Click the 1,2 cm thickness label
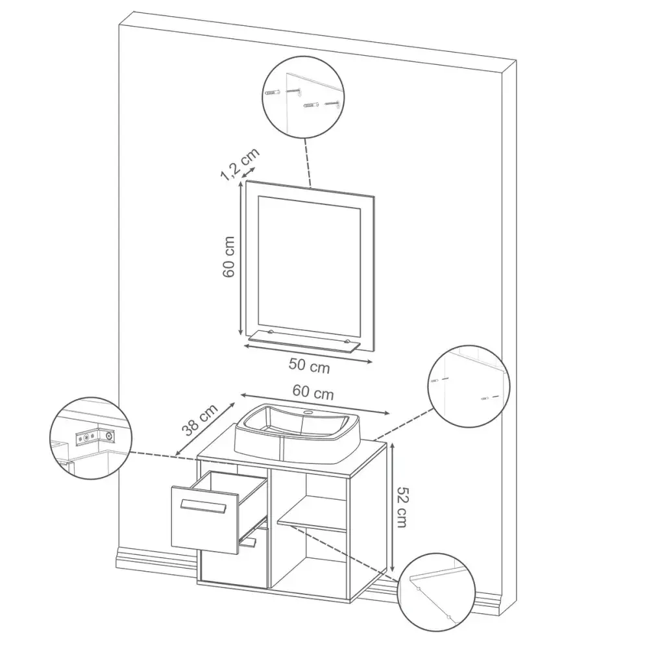tap(239, 164)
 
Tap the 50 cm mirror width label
tap(309, 365)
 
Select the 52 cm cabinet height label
tap(402, 507)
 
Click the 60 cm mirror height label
tap(228, 256)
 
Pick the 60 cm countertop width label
tap(313, 391)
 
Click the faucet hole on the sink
tap(308, 413)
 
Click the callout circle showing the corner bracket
tap(91, 438)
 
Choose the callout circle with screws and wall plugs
tap(303, 97)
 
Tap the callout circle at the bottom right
tap(436, 593)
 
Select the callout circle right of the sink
tap(469, 386)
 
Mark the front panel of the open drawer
tap(205, 520)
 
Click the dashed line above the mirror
tap(308, 163)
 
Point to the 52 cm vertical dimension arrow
tap(391, 507)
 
